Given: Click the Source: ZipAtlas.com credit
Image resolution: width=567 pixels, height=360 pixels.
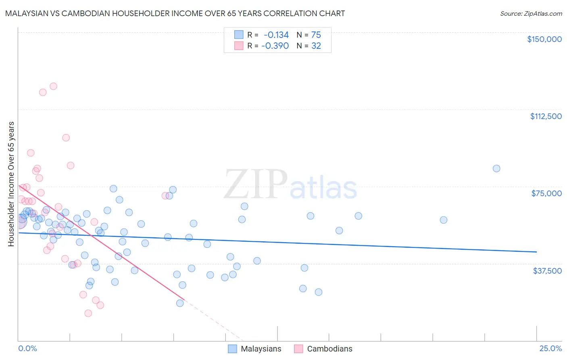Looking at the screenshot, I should (x=531, y=13).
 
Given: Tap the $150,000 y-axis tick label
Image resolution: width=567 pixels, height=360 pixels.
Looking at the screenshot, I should (x=544, y=39).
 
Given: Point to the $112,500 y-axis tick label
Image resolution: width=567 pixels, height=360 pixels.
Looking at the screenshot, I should (x=546, y=116).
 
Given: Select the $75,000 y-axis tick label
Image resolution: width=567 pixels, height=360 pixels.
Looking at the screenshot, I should (x=546, y=193).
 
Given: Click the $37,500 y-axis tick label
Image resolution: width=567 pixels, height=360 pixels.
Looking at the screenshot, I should (x=547, y=271).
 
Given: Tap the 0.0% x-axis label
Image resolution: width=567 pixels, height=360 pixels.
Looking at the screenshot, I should (x=27, y=349).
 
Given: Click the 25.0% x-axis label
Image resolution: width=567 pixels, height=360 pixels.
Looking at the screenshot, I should (x=550, y=349).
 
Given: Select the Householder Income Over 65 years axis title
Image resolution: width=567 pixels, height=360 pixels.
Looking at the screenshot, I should (x=11, y=184).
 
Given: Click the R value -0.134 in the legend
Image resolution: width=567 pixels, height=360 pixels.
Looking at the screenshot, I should (x=276, y=35).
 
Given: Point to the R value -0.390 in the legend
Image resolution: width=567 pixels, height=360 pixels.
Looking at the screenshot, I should (x=275, y=46).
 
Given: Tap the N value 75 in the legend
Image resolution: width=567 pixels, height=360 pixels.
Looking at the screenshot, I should (x=316, y=35).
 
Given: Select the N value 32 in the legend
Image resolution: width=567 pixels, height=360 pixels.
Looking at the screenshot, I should (x=316, y=46).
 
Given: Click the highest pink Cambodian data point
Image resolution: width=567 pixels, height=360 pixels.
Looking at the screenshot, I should (x=53, y=86).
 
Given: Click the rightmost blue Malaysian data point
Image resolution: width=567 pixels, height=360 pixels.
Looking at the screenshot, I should (x=496, y=169).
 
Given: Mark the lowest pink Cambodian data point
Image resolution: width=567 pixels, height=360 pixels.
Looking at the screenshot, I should (x=88, y=313).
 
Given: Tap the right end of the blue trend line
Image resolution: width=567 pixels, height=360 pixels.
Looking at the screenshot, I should (x=536, y=252).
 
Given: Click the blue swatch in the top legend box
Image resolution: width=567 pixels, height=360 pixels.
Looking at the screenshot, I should (x=239, y=35).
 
